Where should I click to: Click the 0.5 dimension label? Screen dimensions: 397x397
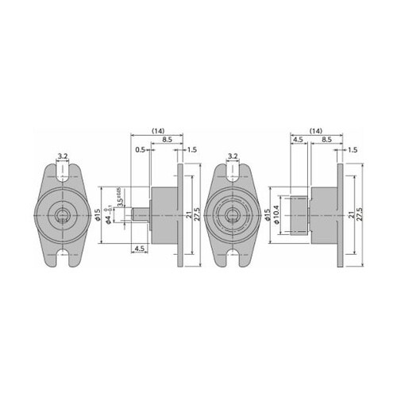tap(139, 148)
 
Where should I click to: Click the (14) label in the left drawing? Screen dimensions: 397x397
tap(157, 129)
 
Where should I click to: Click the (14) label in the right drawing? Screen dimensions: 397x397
tap(316, 129)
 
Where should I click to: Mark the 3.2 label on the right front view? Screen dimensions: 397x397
tap(233, 156)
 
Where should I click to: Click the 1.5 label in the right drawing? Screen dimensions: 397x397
tap(351, 148)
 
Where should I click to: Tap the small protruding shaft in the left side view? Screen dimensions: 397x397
tap(140, 214)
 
